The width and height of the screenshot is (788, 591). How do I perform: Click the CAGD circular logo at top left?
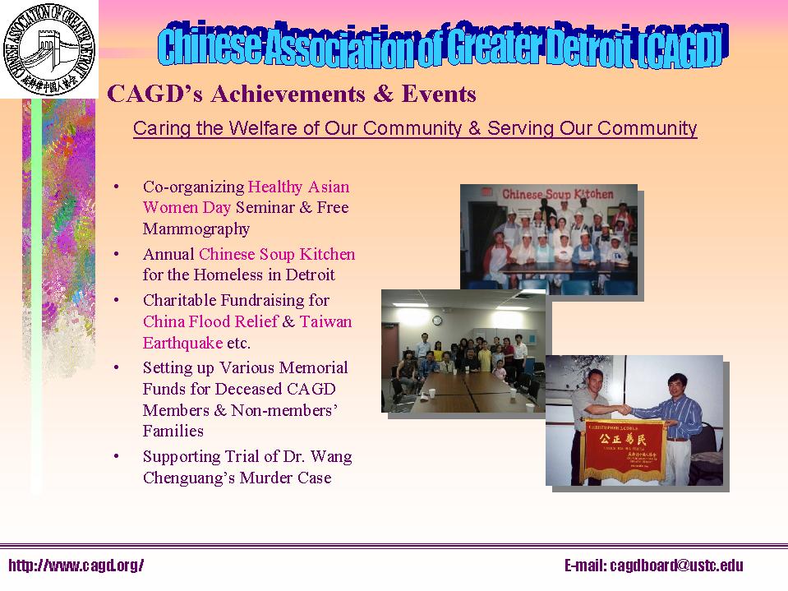(49, 49)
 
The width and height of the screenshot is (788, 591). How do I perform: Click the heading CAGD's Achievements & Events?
(292, 95)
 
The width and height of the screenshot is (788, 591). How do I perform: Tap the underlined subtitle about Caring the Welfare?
(415, 129)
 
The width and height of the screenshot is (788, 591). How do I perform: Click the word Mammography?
(196, 229)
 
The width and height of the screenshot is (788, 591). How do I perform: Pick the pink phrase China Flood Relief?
(210, 321)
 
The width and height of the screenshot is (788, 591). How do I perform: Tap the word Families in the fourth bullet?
(173, 431)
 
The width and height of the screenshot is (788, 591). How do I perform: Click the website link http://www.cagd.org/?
(76, 566)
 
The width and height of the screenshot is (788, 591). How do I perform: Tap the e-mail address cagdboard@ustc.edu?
(653, 566)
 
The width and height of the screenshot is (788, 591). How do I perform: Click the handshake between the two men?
(626, 409)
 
